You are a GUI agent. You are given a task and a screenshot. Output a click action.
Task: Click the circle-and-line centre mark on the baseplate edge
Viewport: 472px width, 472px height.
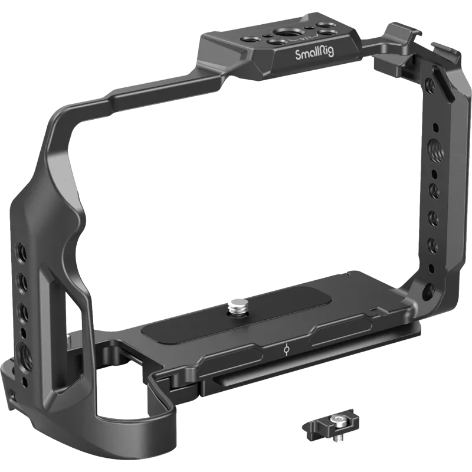pyautogui.click(x=285, y=349)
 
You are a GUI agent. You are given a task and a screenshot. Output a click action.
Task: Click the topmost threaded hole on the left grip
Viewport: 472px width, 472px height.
pyautogui.click(x=21, y=248)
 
